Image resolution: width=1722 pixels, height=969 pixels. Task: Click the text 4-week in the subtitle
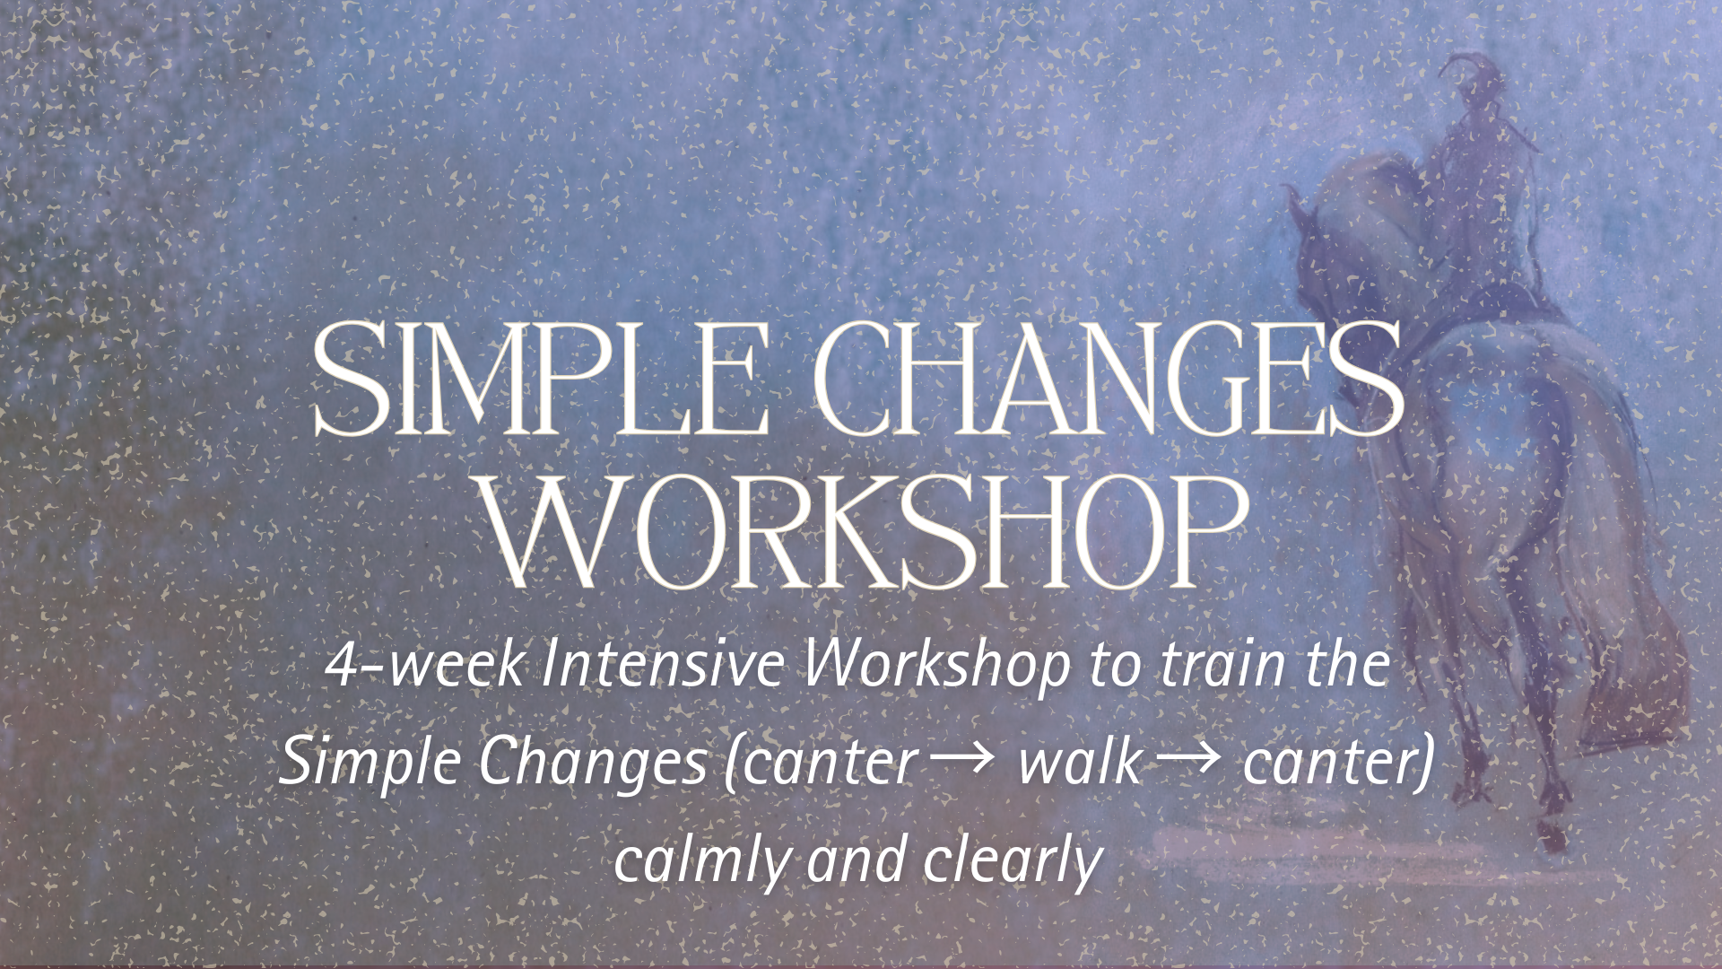coord(426,665)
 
